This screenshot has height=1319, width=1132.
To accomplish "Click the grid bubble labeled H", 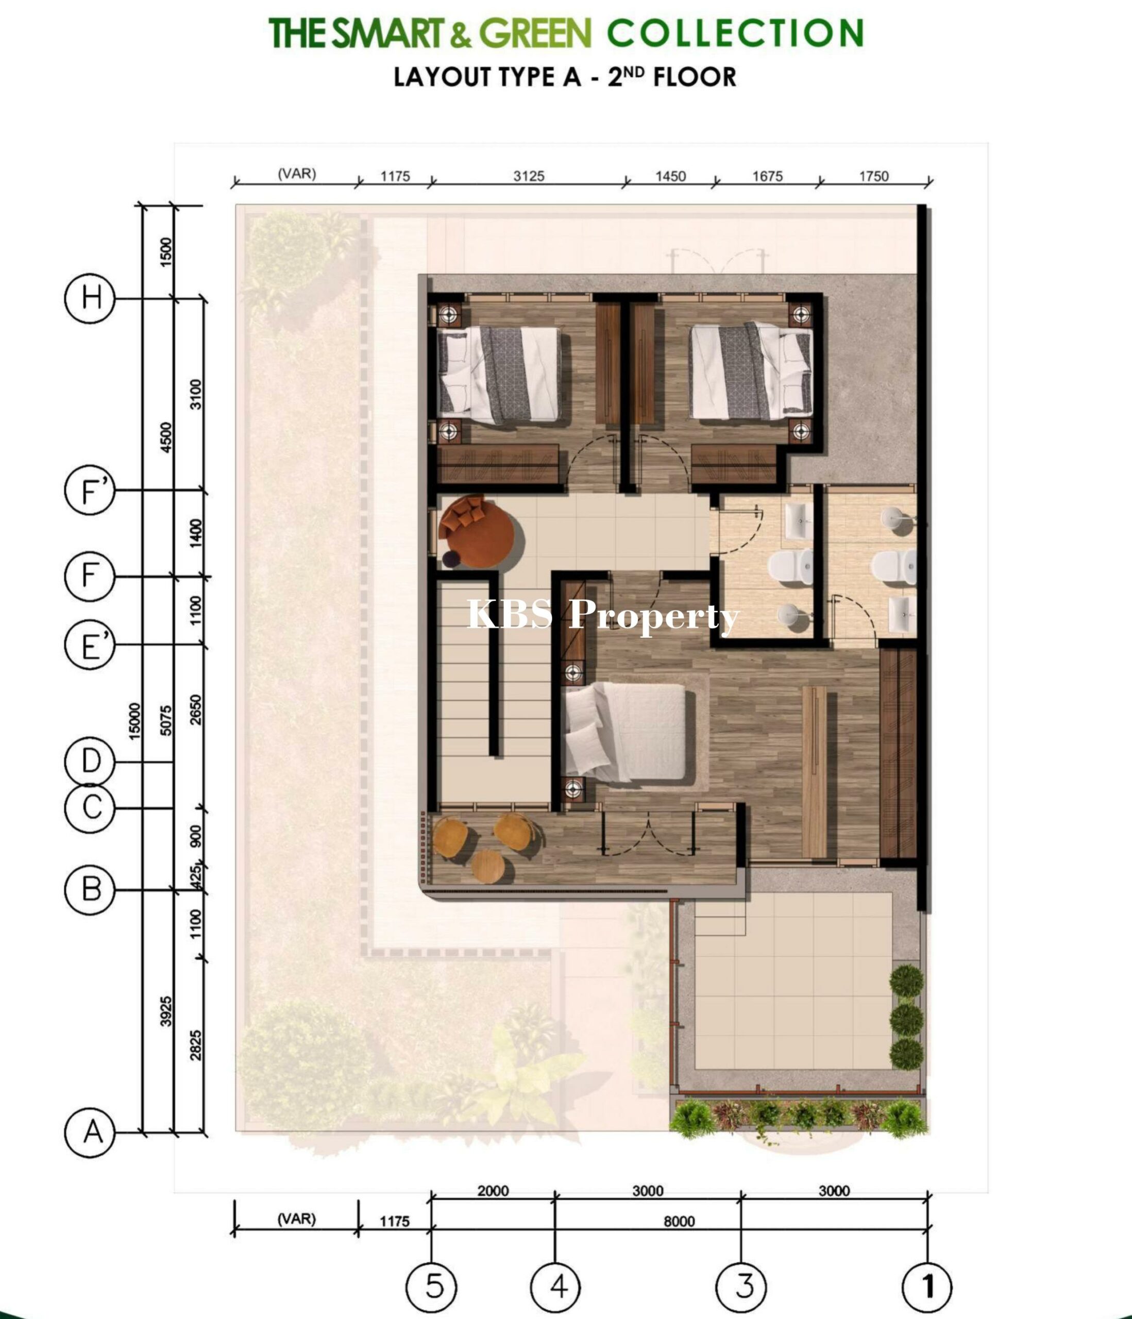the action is [x=90, y=298].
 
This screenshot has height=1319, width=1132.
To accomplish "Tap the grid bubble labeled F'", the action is [x=90, y=490].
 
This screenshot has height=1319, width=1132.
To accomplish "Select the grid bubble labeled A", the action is [x=90, y=1132].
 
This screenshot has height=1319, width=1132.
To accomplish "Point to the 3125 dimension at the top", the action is [x=529, y=176].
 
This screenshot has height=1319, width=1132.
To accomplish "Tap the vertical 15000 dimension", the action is [x=134, y=721].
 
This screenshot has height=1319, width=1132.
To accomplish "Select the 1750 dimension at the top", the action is [x=873, y=176].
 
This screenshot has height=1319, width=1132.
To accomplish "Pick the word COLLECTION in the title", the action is [x=735, y=33].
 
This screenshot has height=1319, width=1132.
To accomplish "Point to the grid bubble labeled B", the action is [x=90, y=889].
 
